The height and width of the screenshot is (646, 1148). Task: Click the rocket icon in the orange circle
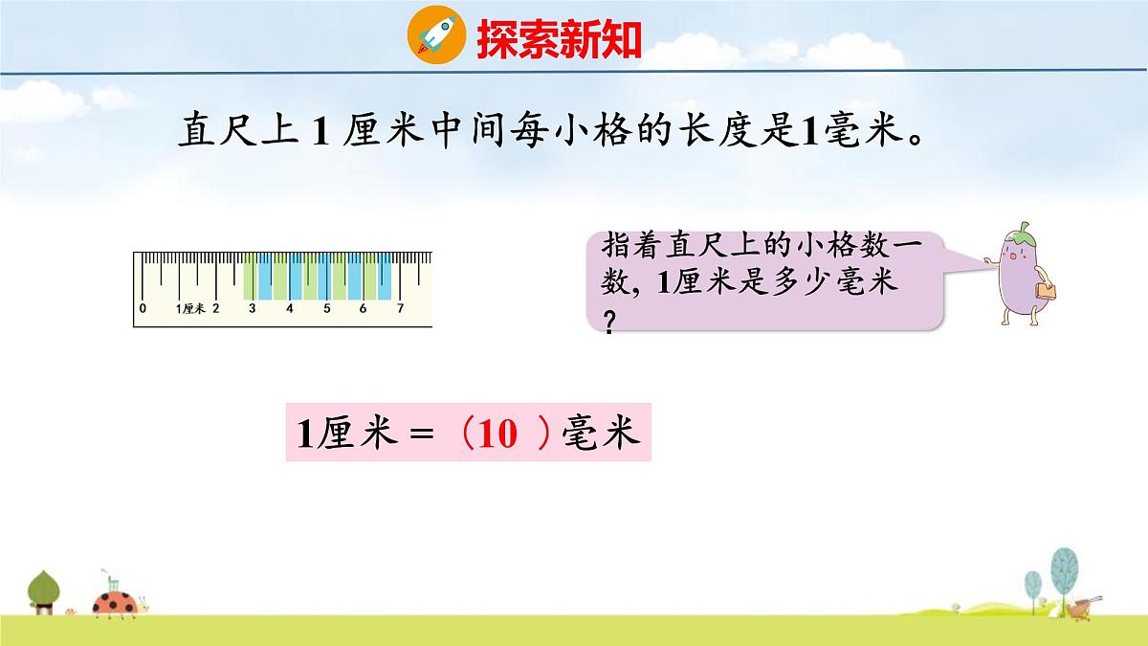(436, 35)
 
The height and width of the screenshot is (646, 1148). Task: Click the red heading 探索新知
(559, 38)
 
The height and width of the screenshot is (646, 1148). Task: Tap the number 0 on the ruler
(143, 308)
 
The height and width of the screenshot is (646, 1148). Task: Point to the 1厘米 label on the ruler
(191, 308)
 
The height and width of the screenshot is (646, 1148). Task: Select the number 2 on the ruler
(216, 308)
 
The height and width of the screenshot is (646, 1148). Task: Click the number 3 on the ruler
(253, 308)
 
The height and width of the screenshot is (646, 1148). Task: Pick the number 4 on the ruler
(289, 308)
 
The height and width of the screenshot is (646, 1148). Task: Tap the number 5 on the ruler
(326, 308)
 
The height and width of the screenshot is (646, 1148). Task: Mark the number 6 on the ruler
(363, 308)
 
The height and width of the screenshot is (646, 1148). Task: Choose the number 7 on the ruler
(400, 308)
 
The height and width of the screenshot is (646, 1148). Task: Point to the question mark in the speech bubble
(609, 324)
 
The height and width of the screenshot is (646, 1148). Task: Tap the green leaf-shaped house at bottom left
(43, 591)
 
